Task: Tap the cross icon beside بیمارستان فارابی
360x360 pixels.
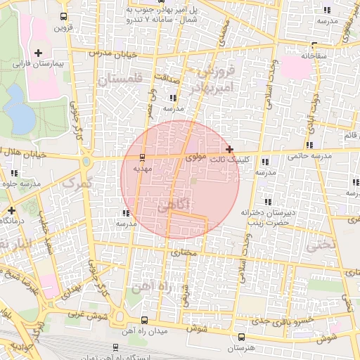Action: [x=37, y=53]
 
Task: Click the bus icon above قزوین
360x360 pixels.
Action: [x=64, y=16]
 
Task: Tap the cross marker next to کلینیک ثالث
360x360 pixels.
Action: [x=230, y=149]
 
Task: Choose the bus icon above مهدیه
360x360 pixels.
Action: [x=143, y=157]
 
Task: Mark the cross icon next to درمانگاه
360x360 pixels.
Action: [x=11, y=210]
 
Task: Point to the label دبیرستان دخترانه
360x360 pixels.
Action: [x=266, y=212]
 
